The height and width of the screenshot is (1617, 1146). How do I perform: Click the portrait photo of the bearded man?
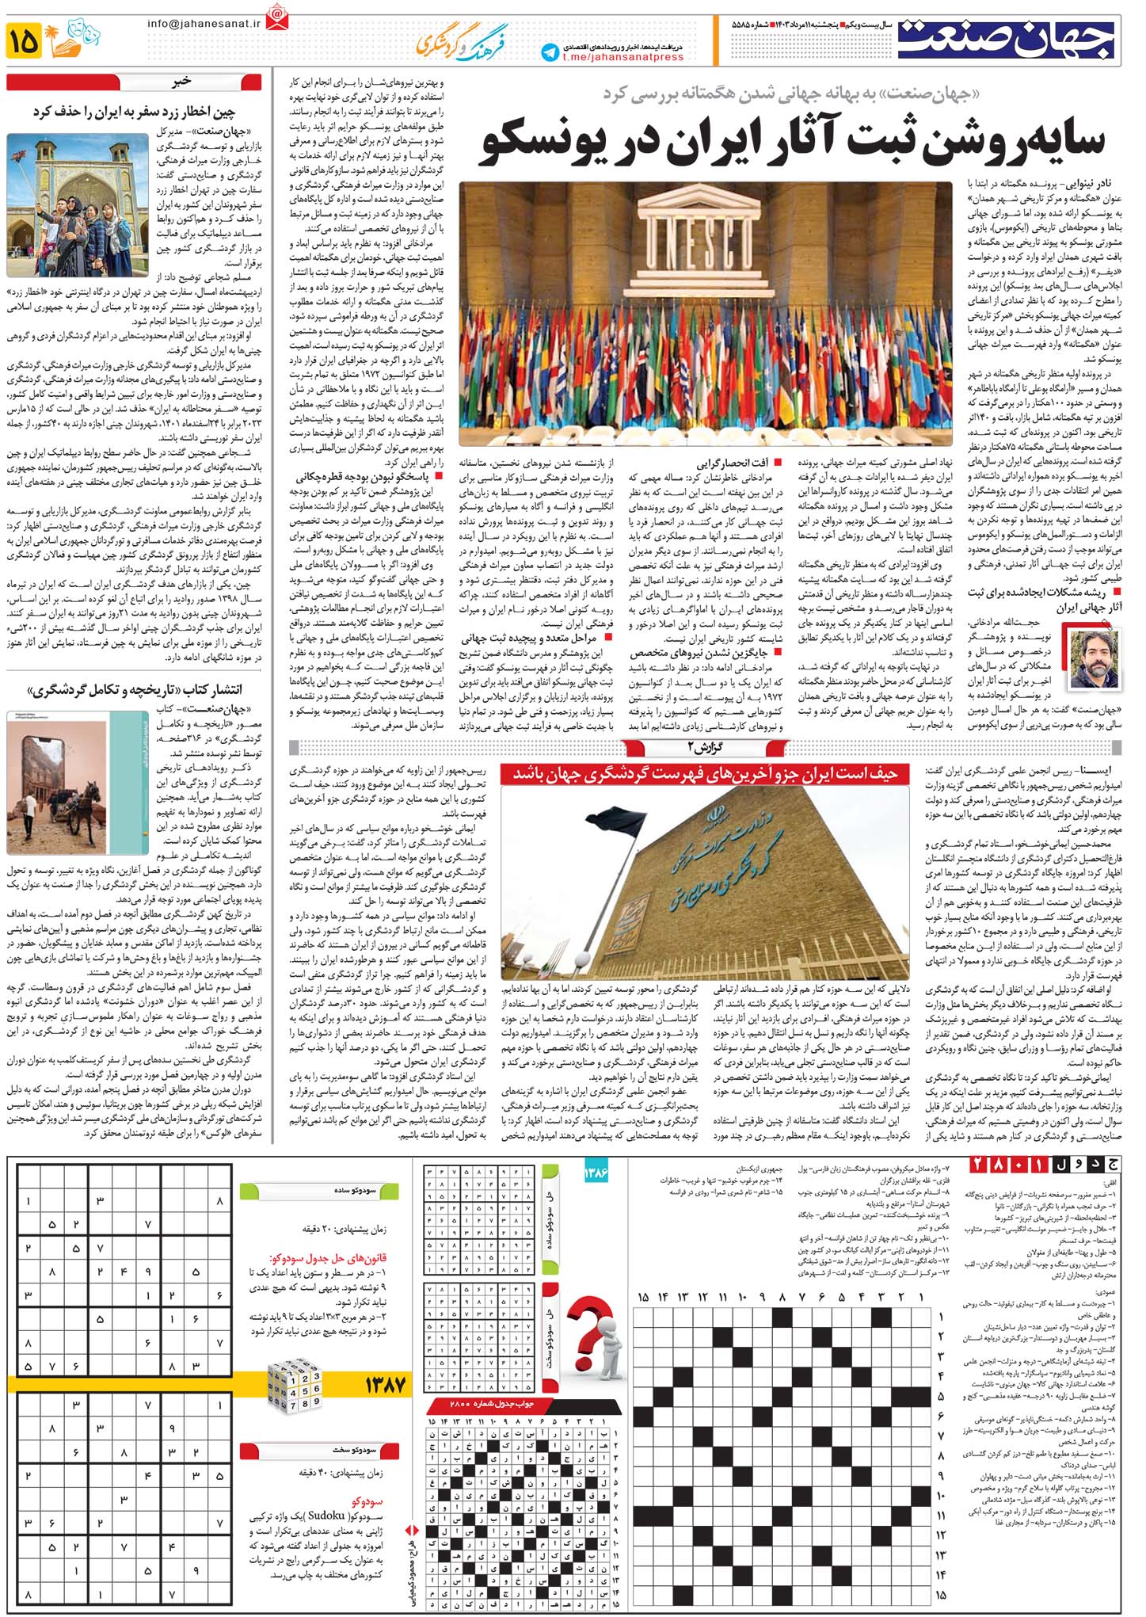[1095, 659]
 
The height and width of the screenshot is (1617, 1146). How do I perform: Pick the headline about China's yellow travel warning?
[135, 112]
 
